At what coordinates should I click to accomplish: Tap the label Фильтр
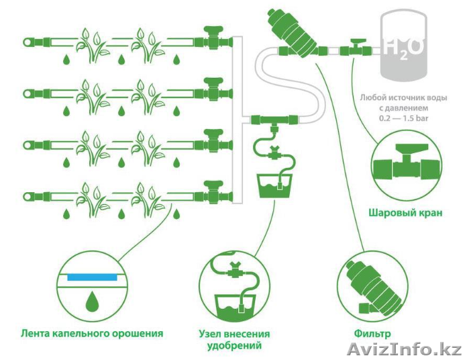[372, 332]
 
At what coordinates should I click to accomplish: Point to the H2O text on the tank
[403, 48]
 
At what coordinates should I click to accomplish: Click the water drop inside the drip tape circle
[90, 300]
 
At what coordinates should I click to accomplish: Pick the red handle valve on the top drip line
[214, 41]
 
